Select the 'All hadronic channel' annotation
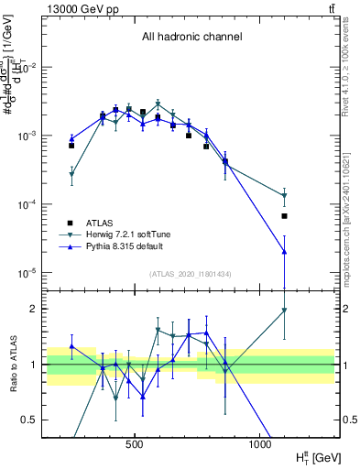coord(191,38)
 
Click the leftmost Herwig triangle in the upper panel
coord(71,174)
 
